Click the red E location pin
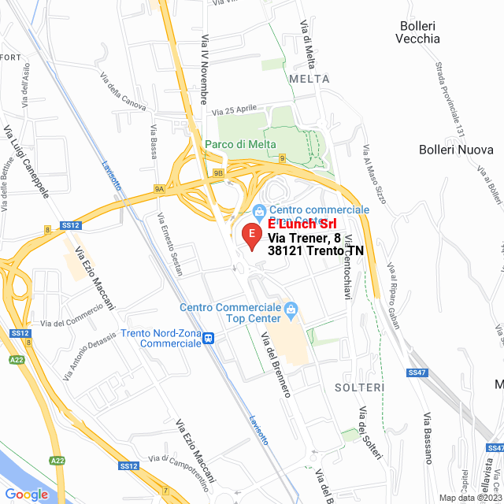(251, 235)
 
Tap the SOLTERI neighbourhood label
(359, 387)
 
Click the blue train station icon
(209, 339)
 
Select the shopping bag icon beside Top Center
(291, 308)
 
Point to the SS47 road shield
(417, 372)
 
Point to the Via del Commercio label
(72, 315)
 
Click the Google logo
(26, 494)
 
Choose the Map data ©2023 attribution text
(469, 498)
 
